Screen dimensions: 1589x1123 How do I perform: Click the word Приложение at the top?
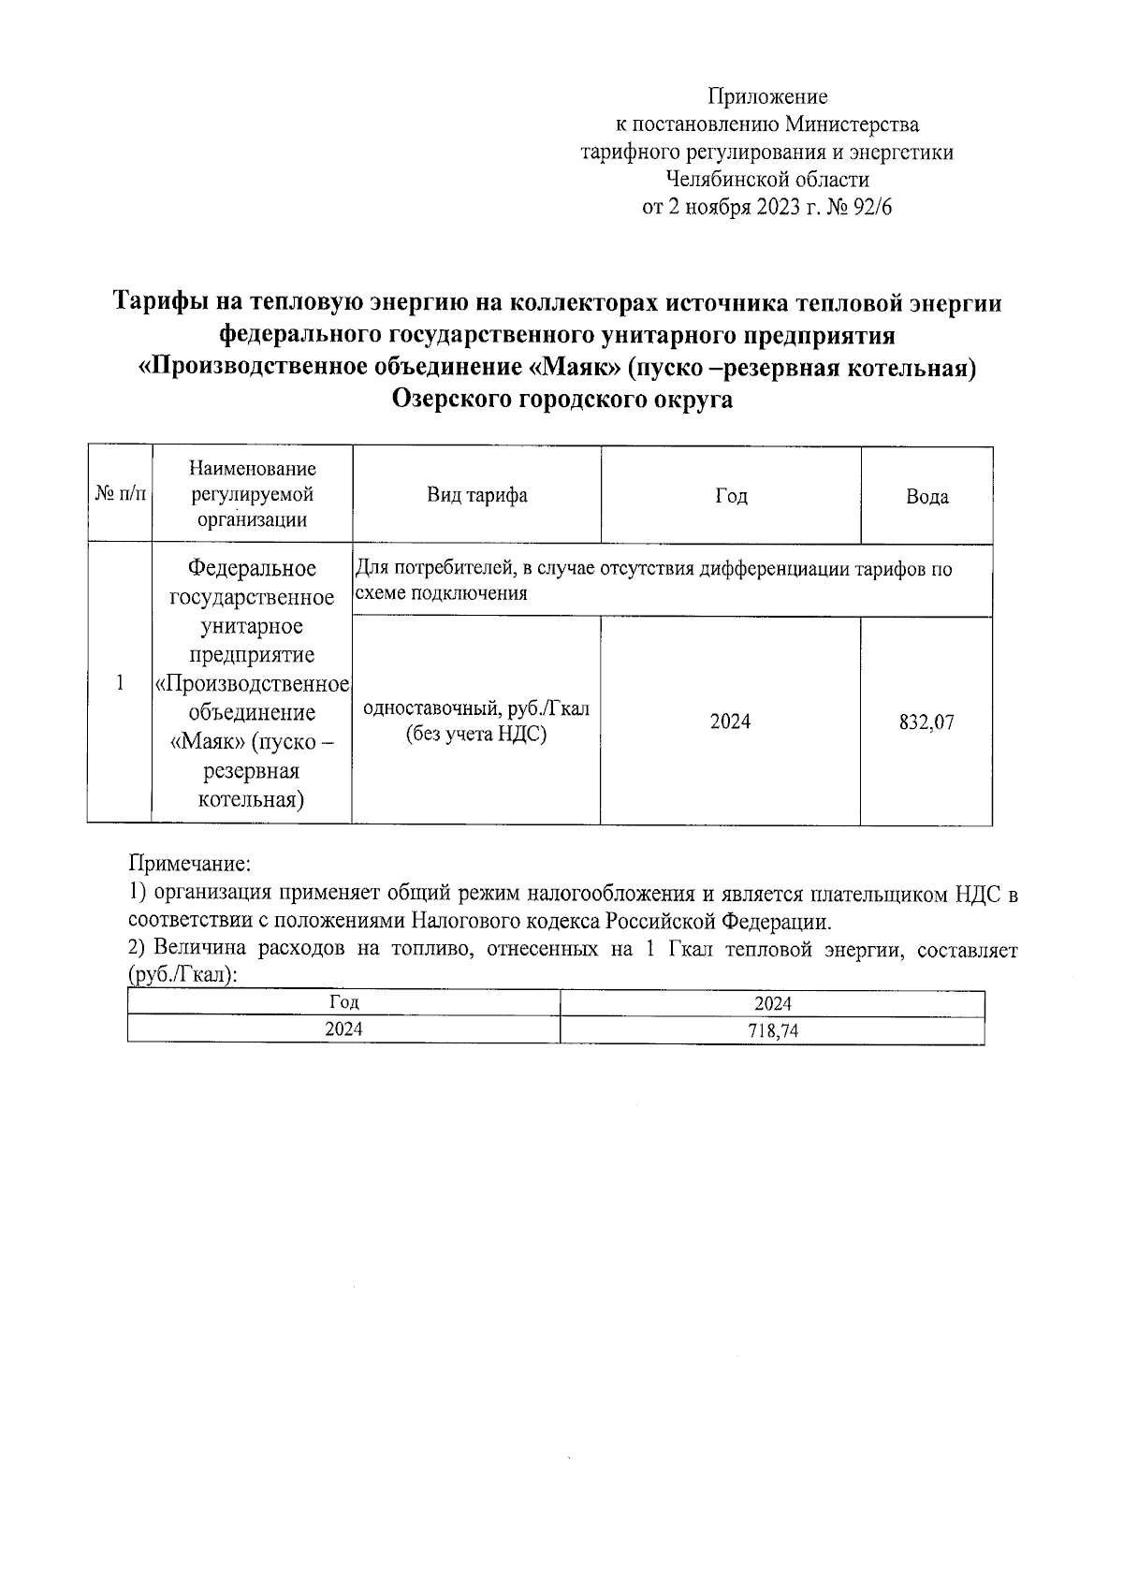[766, 96]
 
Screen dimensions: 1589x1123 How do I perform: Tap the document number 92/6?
[872, 208]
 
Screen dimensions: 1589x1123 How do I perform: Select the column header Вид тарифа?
[476, 495]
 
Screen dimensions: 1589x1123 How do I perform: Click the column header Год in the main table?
[730, 496]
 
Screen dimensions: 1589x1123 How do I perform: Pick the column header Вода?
[926, 497]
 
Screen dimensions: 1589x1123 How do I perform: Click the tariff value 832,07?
[926, 722]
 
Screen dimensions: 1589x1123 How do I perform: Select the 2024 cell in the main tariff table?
[730, 722]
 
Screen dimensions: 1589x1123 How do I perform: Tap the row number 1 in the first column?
[120, 683]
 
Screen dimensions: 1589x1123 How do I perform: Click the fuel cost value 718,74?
[773, 1031]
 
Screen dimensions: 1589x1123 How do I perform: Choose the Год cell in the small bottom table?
[343, 1002]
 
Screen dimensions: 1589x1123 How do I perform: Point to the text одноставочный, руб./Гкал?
[476, 708]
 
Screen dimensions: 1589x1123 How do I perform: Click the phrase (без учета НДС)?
[475, 735]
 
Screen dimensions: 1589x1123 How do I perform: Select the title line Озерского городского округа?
[561, 400]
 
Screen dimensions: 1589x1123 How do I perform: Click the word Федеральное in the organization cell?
[252, 568]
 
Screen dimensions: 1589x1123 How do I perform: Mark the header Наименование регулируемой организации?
[252, 494]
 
